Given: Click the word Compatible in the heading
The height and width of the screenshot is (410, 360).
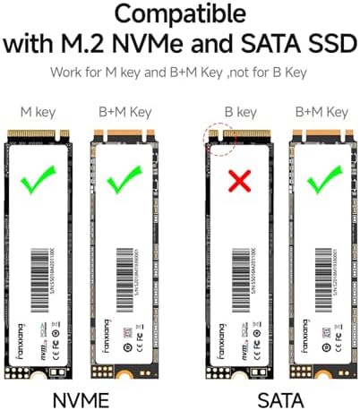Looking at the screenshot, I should click(179, 15).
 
